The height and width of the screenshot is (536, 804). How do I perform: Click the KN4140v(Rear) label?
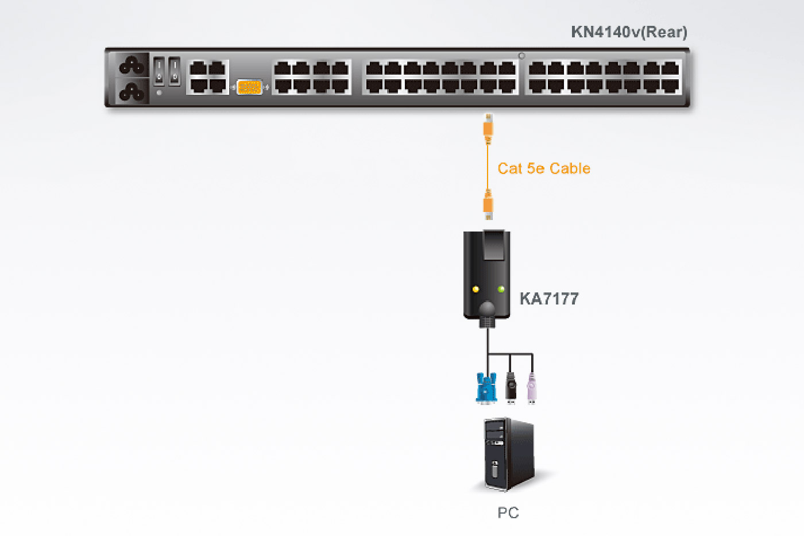[x=628, y=32]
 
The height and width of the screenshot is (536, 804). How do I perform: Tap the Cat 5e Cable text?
[x=543, y=168]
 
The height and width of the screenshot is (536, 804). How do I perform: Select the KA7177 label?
[x=548, y=299]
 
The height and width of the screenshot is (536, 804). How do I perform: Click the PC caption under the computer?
[x=508, y=512]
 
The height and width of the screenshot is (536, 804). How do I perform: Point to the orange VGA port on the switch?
[x=249, y=87]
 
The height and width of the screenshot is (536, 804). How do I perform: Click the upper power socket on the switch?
[x=132, y=65]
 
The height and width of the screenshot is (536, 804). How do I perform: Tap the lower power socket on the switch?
[x=132, y=91]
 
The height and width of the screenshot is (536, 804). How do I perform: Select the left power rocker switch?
[x=159, y=71]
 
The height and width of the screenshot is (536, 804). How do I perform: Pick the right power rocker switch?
[x=174, y=71]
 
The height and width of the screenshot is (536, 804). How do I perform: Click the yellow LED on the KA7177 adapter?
[x=476, y=289]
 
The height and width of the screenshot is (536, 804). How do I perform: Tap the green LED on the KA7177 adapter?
[x=501, y=289]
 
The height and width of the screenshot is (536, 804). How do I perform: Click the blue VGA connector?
[x=486, y=388]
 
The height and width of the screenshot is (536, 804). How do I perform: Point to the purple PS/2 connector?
[x=532, y=389]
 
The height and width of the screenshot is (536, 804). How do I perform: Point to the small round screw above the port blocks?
[x=521, y=56]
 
